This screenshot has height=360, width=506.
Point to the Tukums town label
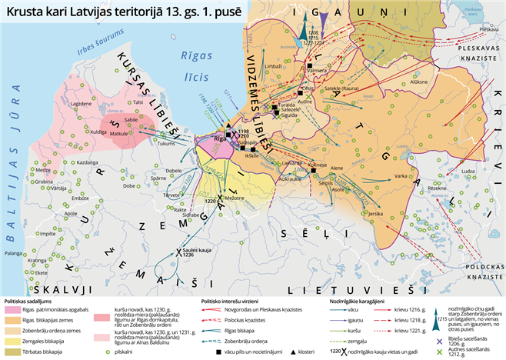coord(167,142)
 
